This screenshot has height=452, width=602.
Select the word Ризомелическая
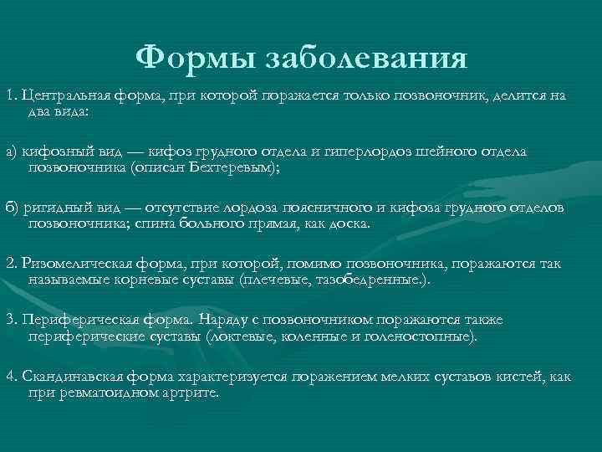[x=71, y=265]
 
